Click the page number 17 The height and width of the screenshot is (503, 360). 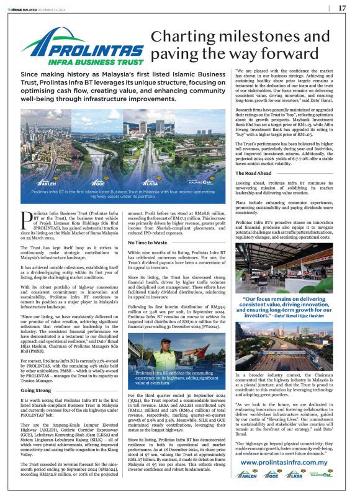342,8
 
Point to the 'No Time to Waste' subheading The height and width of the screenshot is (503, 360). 148,242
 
